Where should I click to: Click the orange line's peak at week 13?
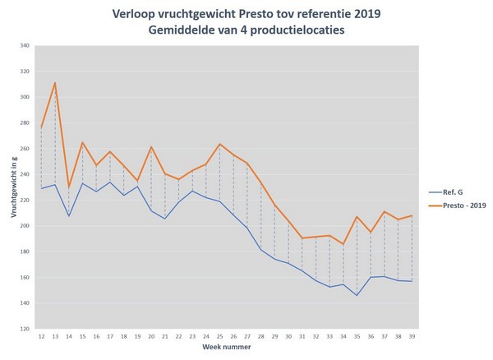55,82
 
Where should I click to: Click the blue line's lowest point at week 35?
357,296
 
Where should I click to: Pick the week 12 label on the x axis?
41,338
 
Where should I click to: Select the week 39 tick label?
411,338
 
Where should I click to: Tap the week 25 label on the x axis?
219,338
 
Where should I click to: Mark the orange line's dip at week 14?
69,188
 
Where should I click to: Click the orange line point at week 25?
219,144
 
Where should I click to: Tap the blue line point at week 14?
69,216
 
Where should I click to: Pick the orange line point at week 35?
357,216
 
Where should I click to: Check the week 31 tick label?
302,338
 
